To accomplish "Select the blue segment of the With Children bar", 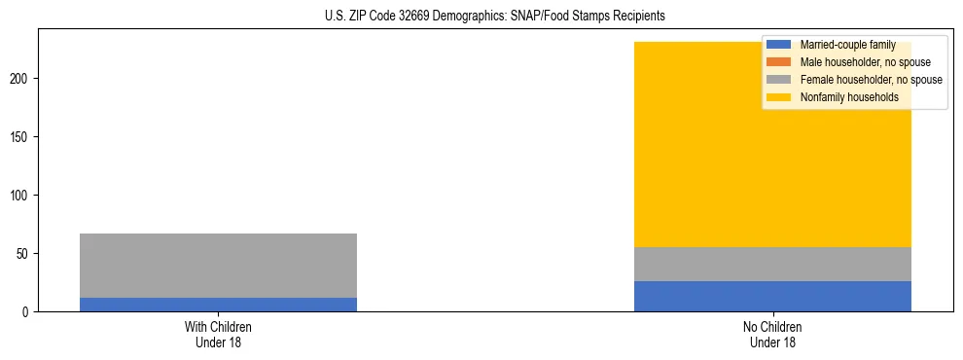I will pyautogui.click(x=218, y=305).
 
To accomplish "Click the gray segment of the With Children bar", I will pyautogui.click(x=218, y=266).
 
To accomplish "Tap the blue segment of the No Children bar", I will pyautogui.click(x=772, y=296).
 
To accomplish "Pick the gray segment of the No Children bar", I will pyautogui.click(x=772, y=264).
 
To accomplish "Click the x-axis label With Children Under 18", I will pyautogui.click(x=218, y=334).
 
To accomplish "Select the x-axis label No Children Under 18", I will pyautogui.click(x=772, y=334).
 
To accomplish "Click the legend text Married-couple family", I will pyautogui.click(x=847, y=45).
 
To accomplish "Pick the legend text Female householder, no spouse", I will pyautogui.click(x=871, y=80).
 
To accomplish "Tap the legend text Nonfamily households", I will pyautogui.click(x=849, y=97).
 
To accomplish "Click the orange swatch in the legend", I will pyautogui.click(x=780, y=62).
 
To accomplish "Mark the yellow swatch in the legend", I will pyautogui.click(x=780, y=97).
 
